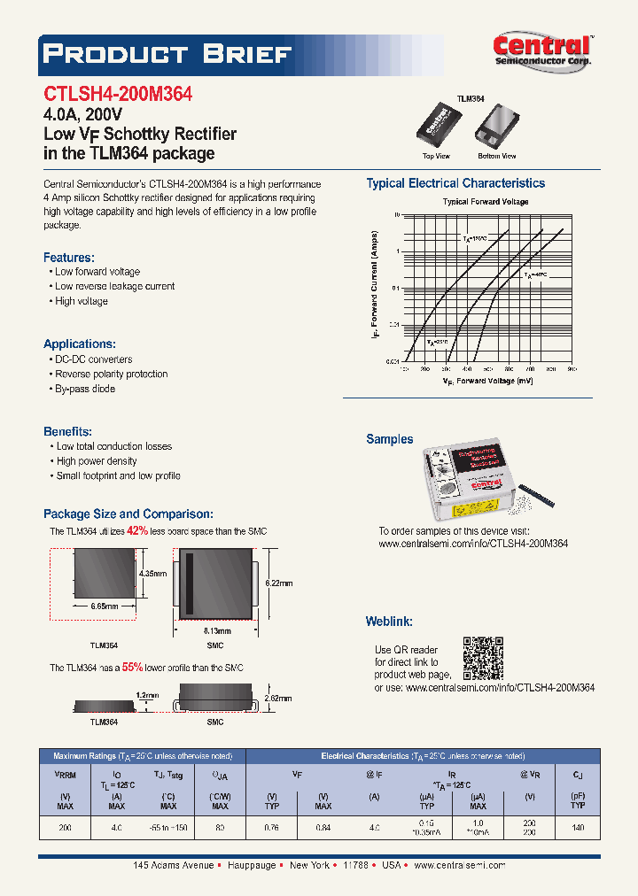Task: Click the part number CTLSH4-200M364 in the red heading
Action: (x=118, y=94)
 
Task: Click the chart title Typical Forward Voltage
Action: (x=486, y=202)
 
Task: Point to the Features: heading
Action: (x=69, y=257)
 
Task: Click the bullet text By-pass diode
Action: (x=85, y=389)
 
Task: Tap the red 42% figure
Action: (x=136, y=530)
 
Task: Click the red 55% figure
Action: (x=132, y=667)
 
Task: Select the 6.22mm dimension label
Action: (x=278, y=583)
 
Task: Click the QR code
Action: (x=483, y=656)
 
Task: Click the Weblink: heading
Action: (x=389, y=622)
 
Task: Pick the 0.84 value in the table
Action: (x=323, y=829)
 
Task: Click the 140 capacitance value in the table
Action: (x=578, y=829)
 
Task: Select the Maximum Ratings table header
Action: (x=142, y=756)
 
